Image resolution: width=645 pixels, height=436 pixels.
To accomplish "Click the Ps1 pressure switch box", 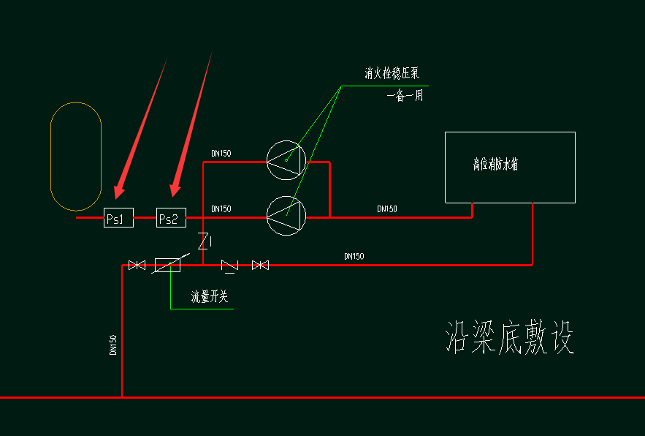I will point(118,218).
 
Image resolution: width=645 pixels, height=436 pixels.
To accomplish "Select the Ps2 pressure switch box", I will point(172,218).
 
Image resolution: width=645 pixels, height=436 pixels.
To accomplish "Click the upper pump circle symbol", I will point(286,160).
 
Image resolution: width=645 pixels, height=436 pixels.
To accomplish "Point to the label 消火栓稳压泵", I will point(392,73).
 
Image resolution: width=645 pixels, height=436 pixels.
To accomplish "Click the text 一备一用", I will point(405,96).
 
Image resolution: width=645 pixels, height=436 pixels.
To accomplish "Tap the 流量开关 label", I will point(210,297).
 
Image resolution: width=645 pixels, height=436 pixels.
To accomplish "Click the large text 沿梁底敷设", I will point(510,338).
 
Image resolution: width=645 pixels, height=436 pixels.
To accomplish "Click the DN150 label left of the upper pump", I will point(221,154).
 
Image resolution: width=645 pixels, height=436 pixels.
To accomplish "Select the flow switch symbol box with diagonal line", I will point(167,265).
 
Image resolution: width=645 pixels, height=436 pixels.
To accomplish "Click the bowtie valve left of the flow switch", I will point(137,265).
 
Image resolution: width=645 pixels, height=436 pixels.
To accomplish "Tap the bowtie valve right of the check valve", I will point(260,265).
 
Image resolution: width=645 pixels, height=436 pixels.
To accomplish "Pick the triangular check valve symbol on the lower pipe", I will point(230,266).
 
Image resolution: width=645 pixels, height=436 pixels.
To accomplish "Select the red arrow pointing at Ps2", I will point(192,124).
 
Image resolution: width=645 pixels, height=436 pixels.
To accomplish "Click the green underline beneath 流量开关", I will point(202,309).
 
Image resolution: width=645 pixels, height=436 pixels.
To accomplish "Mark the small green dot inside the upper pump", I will point(287,159).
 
